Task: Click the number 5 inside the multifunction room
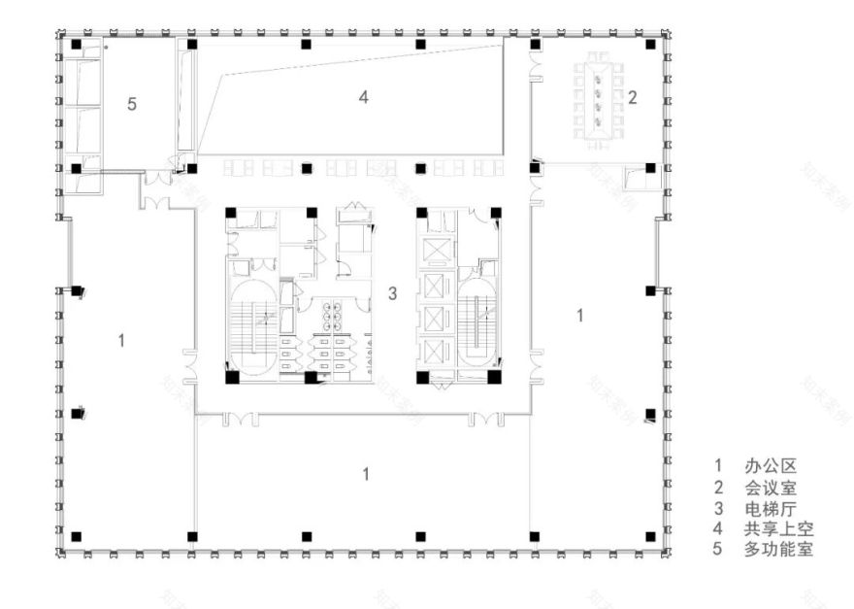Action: tap(133, 104)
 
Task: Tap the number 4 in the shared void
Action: tap(363, 96)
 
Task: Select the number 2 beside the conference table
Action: tap(632, 96)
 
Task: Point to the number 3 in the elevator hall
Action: tap(392, 292)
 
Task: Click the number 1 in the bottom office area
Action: tap(365, 473)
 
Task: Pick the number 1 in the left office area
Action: tap(120, 339)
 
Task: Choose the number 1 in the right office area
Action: tap(580, 314)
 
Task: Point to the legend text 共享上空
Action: tap(778, 528)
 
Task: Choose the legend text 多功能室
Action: tap(778, 550)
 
